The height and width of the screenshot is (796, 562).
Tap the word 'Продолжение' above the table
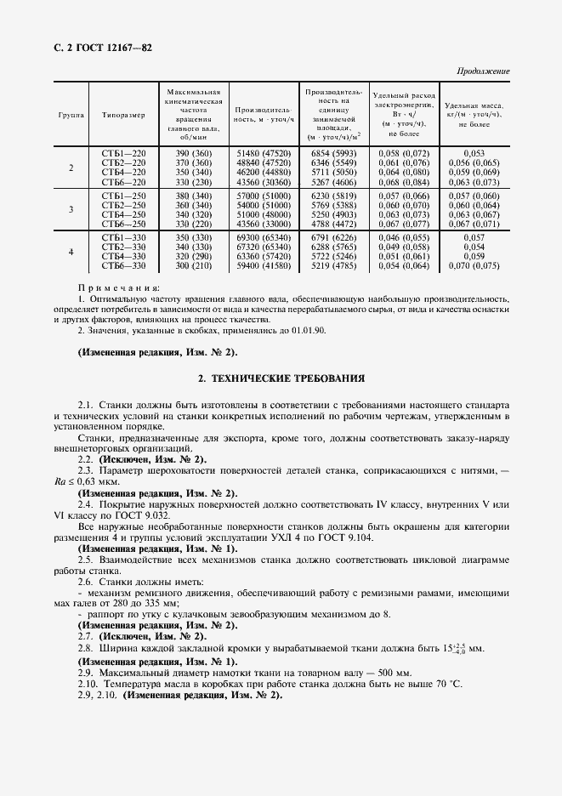pyautogui.click(x=483, y=71)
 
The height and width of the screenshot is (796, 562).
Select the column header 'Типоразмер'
pyautogui.click(x=123, y=113)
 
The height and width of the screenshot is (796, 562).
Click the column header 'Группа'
pyautogui.click(x=71, y=113)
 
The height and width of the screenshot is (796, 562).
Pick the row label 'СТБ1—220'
pyautogui.click(x=123, y=151)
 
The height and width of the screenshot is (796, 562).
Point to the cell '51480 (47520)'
pyautogui.click(x=263, y=151)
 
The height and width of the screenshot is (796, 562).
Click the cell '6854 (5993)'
pyautogui.click(x=332, y=151)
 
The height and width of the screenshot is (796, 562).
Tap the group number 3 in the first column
pyautogui.click(x=71, y=209)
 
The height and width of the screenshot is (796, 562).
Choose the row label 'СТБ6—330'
pyautogui.click(x=123, y=266)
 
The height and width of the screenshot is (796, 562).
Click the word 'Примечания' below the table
pyautogui.click(x=119, y=289)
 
